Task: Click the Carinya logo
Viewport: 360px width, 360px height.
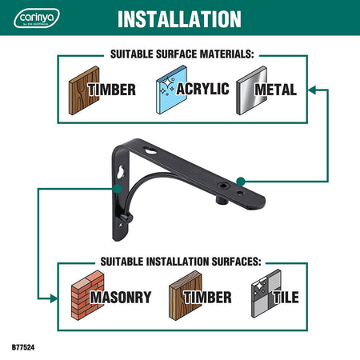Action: click(37, 18)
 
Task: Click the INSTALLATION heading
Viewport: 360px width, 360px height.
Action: click(179, 19)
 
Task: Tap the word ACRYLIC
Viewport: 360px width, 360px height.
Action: click(202, 89)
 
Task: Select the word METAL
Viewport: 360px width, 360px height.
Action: click(275, 90)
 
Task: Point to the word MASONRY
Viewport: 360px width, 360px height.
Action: click(121, 297)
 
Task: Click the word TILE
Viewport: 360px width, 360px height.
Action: click(286, 297)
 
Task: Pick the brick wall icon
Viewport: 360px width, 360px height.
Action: click(87, 295)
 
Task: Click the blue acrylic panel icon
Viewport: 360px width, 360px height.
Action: click(171, 90)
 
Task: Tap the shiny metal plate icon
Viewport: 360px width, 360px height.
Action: click(251, 90)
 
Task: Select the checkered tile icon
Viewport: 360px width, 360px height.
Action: click(266, 294)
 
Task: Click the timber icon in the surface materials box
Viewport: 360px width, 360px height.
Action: click(84, 90)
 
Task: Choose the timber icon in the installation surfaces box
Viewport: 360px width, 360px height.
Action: click(186, 295)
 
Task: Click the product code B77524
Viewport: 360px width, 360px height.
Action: click(23, 347)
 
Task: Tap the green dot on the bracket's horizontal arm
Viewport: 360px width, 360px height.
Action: click(241, 182)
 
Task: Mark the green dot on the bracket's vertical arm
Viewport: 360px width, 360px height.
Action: click(118, 189)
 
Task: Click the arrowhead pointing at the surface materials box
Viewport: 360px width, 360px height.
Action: click(312, 90)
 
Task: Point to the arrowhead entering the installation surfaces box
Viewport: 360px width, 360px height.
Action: click(53, 298)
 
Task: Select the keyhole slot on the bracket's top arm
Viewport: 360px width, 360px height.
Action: click(150, 150)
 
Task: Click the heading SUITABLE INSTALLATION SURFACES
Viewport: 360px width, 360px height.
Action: click(181, 262)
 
